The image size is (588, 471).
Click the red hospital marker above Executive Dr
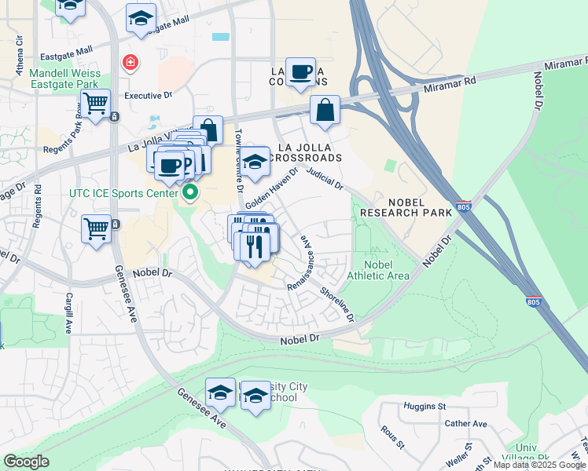129,62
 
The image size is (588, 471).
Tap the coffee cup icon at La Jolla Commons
300,72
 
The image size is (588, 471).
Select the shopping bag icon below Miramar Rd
325,111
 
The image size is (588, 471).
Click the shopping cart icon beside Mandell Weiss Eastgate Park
95,103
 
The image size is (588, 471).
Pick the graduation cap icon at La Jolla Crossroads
254,162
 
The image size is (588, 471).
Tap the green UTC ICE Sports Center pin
189,192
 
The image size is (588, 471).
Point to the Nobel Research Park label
406,206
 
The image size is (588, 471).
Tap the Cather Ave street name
466,424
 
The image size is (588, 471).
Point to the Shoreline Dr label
337,304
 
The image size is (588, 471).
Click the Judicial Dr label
325,179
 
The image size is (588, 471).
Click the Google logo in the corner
26,462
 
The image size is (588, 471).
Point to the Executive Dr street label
149,95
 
